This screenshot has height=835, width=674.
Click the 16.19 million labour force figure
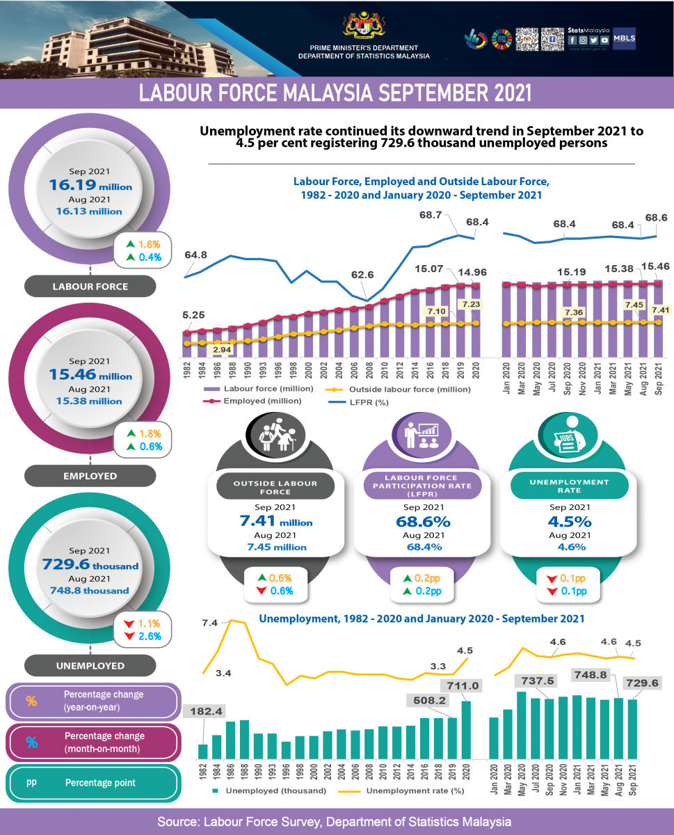tap(90, 185)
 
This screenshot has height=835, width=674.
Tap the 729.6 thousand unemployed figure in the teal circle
tap(90, 565)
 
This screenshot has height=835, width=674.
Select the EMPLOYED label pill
tap(90, 476)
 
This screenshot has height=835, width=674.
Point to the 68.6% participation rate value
tap(423, 521)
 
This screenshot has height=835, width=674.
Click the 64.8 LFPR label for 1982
tap(196, 255)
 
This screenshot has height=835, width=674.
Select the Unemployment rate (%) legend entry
tap(408, 790)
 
